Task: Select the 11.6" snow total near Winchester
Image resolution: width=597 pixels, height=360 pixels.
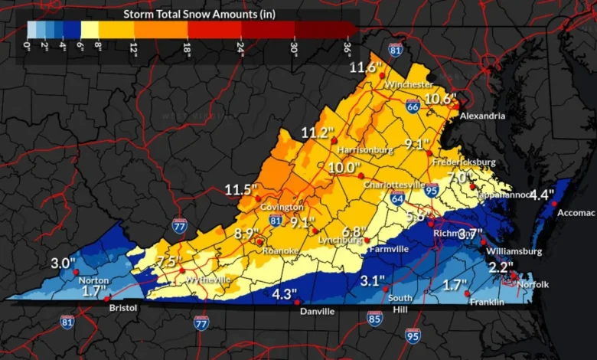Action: coord(366,67)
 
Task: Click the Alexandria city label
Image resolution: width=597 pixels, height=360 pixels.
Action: coord(482,116)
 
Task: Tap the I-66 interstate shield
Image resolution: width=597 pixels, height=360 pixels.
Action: coord(413,107)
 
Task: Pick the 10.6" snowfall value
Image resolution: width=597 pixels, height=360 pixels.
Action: coord(440,98)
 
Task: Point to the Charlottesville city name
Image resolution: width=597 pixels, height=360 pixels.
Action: coord(394,185)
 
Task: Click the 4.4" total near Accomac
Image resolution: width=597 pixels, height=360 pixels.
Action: coord(542,195)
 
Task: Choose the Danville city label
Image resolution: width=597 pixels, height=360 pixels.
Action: coord(316,312)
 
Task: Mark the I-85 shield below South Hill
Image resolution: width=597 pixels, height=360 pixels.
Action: coord(374,318)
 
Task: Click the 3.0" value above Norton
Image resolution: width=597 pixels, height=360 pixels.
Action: coord(63,263)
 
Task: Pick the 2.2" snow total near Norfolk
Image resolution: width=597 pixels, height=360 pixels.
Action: coord(501,267)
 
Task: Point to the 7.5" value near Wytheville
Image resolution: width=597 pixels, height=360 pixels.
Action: coord(168,262)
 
